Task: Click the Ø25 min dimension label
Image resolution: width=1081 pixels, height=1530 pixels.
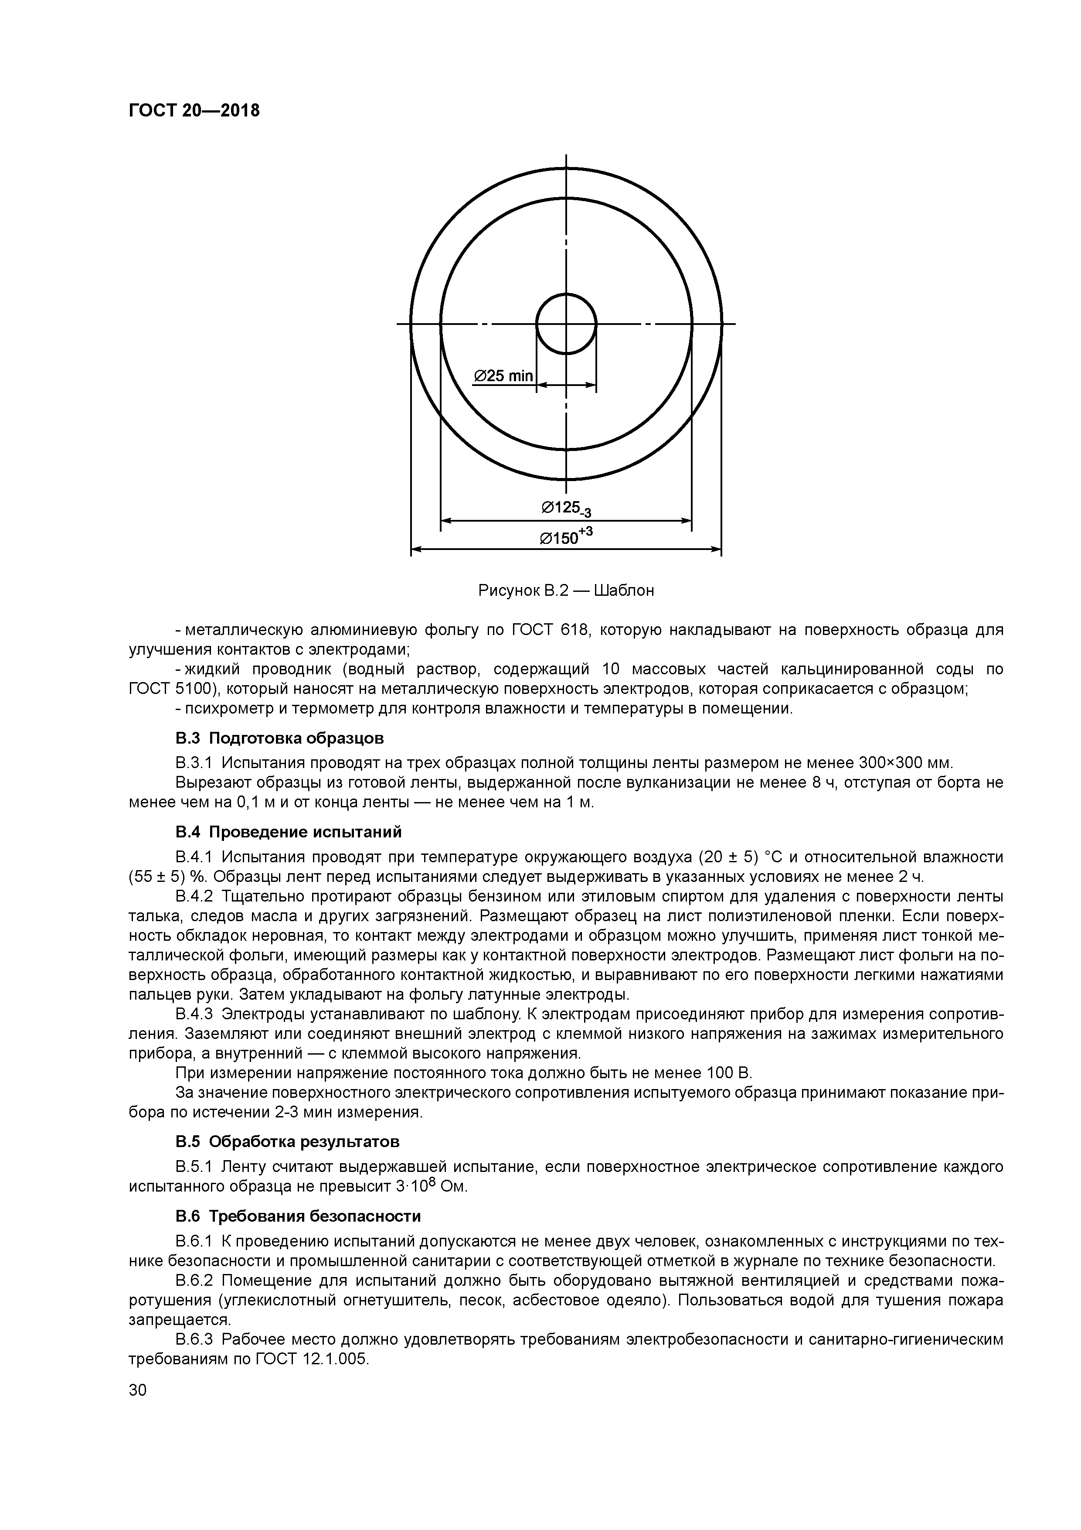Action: [x=503, y=376]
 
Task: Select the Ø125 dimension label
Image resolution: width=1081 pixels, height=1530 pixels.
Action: [x=566, y=509]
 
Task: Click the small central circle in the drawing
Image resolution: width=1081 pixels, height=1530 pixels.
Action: [x=566, y=324]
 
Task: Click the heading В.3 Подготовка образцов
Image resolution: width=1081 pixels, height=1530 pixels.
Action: [x=280, y=738]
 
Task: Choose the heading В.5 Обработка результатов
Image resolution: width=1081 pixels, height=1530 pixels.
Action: [x=287, y=1141]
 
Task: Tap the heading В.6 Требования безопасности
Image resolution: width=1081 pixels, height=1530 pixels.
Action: [x=298, y=1216]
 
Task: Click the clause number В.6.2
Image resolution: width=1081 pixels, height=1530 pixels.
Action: [x=194, y=1281]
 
